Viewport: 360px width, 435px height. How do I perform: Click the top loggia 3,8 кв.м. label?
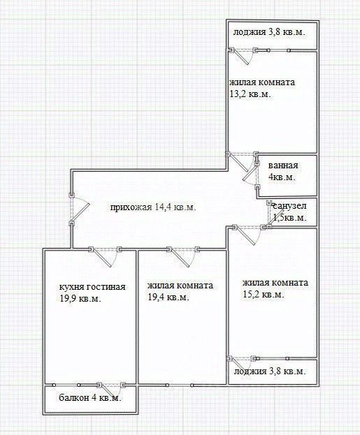[x=269, y=32]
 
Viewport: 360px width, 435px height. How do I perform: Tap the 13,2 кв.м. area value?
[x=250, y=94]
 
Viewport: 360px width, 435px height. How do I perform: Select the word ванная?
[x=283, y=165]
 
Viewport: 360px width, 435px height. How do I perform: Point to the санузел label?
[x=289, y=206]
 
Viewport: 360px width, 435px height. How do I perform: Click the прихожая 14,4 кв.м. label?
[x=153, y=207]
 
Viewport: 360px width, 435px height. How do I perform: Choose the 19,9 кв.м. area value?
[x=80, y=299]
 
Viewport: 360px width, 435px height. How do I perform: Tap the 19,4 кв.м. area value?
[x=168, y=297]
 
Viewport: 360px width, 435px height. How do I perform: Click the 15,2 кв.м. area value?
[x=264, y=295]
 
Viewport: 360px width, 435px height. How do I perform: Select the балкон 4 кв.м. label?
[x=90, y=398]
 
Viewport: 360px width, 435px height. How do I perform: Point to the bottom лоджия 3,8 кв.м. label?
[x=270, y=371]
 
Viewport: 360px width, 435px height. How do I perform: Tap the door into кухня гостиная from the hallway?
[x=105, y=257]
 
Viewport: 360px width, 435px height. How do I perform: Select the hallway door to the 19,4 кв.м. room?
[x=183, y=257]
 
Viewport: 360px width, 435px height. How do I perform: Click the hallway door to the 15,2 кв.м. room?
[x=249, y=235]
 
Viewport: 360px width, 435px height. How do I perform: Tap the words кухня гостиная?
[x=92, y=287]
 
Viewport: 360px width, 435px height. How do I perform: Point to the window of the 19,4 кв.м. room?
[x=180, y=385]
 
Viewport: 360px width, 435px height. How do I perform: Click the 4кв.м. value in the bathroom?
[x=282, y=177]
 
